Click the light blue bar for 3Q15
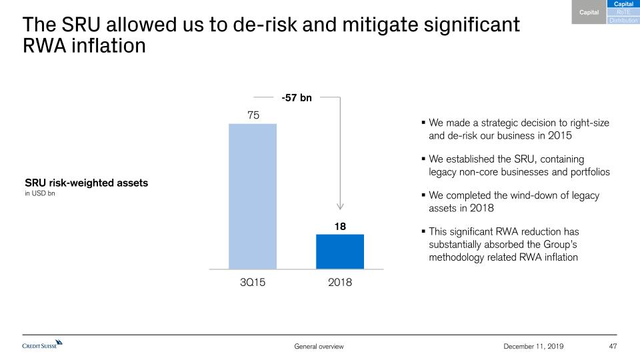253,196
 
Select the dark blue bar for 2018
340,251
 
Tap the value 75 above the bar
253,115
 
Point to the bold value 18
340,227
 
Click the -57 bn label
297,98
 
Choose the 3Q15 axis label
253,282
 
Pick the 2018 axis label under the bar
340,282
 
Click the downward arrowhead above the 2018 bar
340,207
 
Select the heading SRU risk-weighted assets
86,183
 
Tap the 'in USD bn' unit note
41,194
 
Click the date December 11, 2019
533,346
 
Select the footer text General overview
319,346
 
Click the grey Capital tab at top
589,13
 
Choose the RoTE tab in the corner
624,13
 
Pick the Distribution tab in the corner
624,21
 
